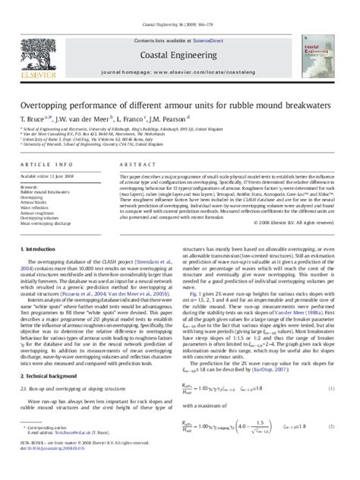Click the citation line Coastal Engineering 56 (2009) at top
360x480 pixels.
(x=180, y=5)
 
